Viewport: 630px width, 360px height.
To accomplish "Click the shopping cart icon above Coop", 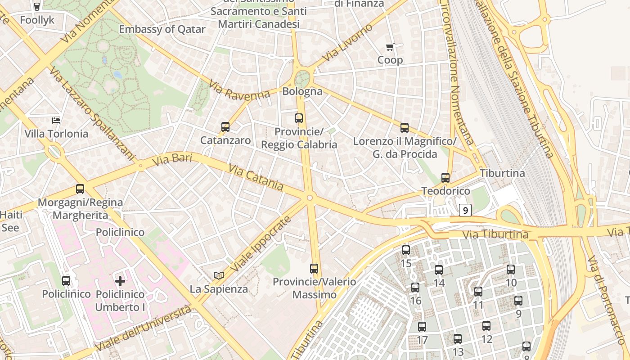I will pos(390,47).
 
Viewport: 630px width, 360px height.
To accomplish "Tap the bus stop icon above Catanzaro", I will pos(225,127).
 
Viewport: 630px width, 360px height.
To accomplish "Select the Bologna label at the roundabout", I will pos(302,91).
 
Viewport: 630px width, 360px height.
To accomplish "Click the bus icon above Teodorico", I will pos(445,177).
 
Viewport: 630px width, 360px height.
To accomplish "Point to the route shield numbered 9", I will pos(465,210).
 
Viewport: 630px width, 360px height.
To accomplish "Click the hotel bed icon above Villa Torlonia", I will pos(56,120).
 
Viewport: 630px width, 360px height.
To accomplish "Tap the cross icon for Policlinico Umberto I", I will pos(120,281).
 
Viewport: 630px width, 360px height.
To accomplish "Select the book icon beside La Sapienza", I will pos(219,275).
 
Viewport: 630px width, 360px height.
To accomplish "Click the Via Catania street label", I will pos(256,177).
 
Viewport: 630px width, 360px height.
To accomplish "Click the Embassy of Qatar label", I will pos(162,30).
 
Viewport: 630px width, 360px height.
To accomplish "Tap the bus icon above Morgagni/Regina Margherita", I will pos(80,189).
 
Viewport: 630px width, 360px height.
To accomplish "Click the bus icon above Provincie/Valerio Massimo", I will pos(314,269).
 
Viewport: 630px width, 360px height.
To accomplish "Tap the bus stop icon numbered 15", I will pos(406,250).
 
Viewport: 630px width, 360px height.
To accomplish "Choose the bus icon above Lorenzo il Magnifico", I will pos(405,128).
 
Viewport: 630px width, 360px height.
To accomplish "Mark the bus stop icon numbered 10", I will pos(511,270).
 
